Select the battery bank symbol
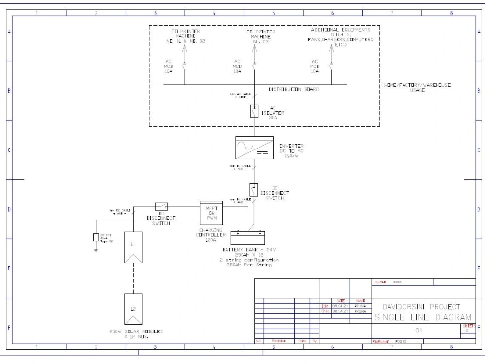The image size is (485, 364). pyautogui.click(x=248, y=238)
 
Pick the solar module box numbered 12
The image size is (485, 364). pyautogui.click(x=133, y=309)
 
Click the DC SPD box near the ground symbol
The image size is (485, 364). pyautogui.click(x=96, y=237)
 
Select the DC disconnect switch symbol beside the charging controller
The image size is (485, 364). pyautogui.click(x=162, y=206)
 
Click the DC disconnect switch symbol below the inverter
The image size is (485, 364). pyautogui.click(x=253, y=188)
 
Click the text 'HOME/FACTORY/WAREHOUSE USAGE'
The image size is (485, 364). pyautogui.click(x=417, y=88)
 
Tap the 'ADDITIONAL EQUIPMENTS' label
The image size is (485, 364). pyautogui.click(x=340, y=30)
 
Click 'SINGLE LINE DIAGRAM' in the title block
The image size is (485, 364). pyautogui.click(x=422, y=318)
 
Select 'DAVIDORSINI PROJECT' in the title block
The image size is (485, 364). pyautogui.click(x=421, y=307)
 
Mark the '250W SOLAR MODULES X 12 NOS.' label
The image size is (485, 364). pyautogui.click(x=136, y=334)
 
